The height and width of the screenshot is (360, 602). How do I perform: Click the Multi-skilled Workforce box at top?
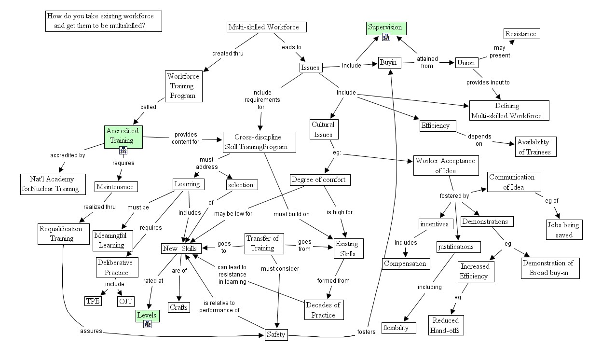tap(267, 27)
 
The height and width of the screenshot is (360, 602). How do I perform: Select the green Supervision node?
tap(386, 28)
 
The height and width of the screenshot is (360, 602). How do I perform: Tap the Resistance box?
tap(520, 34)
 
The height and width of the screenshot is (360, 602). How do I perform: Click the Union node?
tap(465, 63)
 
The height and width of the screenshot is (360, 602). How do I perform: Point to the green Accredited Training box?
tap(123, 136)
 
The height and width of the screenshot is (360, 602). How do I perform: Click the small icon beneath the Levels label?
tap(148, 324)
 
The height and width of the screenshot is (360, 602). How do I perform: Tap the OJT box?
tap(125, 302)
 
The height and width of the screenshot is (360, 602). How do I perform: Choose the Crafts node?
tap(179, 307)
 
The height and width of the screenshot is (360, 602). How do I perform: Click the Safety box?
tap(276, 334)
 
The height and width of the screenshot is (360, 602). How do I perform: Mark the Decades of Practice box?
tap(323, 309)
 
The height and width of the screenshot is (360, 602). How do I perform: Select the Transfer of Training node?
tap(262, 243)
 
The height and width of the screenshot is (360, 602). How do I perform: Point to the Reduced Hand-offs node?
tap(446, 325)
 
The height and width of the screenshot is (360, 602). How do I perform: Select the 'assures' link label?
tap(91, 332)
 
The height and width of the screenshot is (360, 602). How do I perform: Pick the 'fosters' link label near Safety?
tap(366, 332)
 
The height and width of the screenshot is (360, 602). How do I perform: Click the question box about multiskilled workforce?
tap(103, 21)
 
